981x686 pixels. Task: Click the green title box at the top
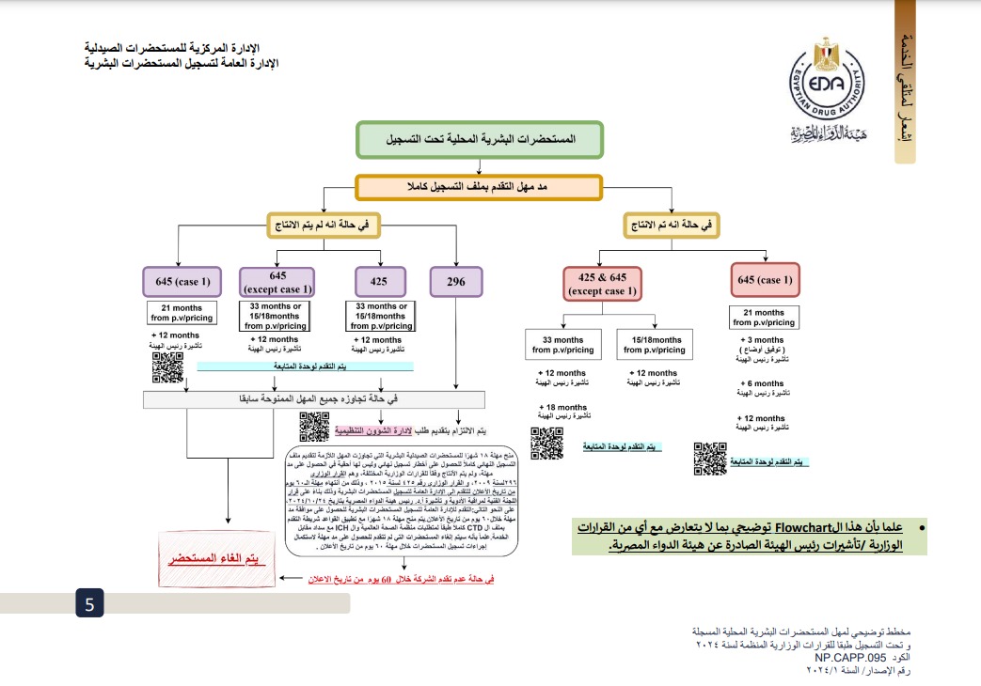pos(480,139)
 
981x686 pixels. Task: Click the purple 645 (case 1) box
pos(182,282)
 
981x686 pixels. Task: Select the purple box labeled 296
pos(457,282)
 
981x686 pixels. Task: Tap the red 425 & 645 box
pos(602,283)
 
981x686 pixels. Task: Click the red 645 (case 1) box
pos(765,280)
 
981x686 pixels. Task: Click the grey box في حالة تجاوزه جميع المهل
pos(313,399)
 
